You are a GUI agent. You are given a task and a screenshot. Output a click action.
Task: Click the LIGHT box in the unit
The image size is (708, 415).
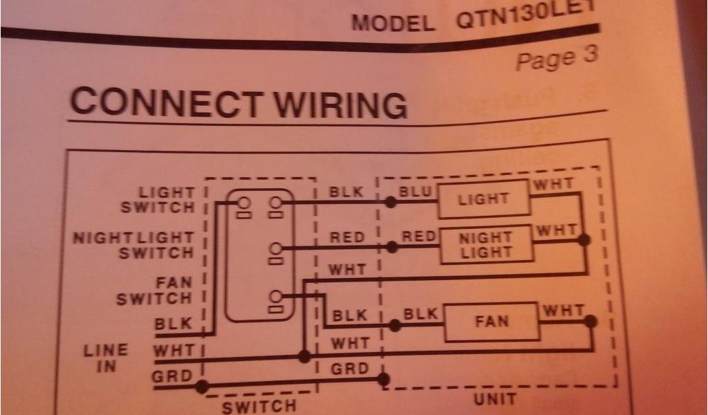483,199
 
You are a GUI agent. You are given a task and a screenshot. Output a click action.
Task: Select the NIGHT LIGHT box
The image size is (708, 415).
486,245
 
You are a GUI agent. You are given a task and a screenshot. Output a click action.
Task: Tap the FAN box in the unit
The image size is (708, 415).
492,322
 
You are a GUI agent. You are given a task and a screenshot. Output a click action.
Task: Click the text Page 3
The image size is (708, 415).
556,57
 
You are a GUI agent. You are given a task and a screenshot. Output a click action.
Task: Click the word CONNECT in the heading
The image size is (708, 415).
166,102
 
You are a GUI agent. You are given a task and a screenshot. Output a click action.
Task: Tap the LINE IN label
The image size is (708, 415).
106,358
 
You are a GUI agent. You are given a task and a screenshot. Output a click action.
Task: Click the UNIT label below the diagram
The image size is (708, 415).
495,398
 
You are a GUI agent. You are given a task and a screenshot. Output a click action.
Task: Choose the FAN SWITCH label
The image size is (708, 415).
153,291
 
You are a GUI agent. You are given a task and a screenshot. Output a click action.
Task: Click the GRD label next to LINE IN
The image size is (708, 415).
172,376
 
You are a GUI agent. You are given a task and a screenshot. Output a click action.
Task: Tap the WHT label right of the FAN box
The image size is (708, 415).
563,311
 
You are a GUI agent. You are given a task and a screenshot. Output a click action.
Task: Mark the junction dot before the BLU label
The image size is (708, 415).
391,203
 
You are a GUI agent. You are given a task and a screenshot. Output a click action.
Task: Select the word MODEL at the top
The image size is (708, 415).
393,23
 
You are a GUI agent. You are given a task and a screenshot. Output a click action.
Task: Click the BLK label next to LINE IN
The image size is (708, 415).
172,324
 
